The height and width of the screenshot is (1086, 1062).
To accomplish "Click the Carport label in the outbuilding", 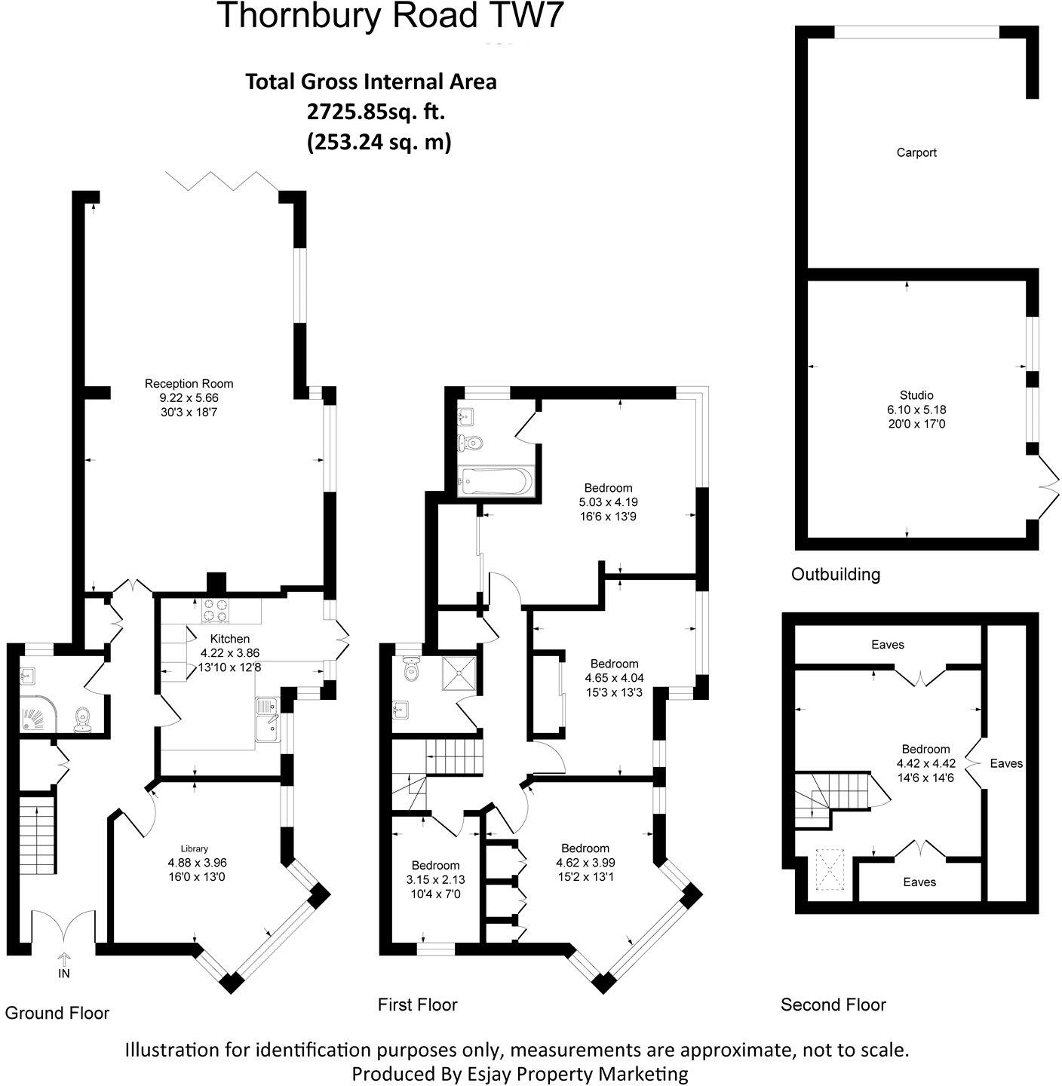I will click(916, 152).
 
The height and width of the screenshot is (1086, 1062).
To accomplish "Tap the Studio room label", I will click(916, 395).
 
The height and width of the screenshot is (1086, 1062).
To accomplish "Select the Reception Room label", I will click(189, 384).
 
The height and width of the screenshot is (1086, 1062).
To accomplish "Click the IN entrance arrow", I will click(64, 960).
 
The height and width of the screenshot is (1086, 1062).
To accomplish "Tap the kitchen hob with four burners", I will click(216, 611).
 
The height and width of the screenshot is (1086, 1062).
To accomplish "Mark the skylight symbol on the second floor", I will click(829, 873).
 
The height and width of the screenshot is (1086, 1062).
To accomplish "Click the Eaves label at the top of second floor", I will click(887, 645).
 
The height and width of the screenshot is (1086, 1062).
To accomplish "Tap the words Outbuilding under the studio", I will click(835, 575).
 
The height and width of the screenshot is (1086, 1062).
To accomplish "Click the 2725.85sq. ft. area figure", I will click(375, 112).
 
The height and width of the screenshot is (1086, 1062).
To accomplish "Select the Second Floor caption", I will click(833, 1005).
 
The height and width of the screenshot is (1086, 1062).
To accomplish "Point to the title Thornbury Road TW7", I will click(390, 17).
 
